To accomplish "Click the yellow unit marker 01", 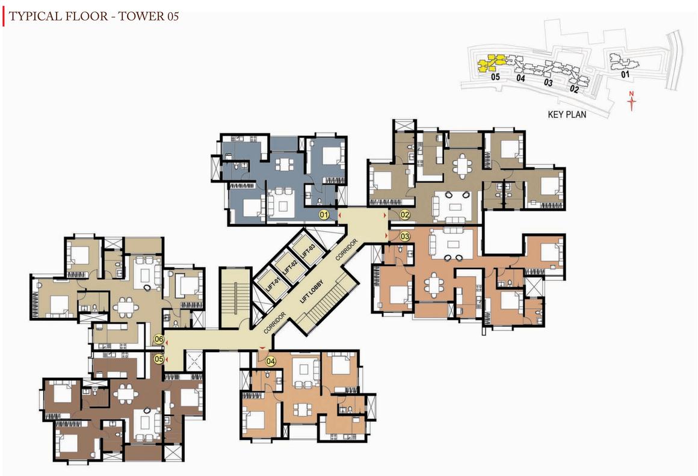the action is [324, 215].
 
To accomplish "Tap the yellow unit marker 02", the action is [404, 215].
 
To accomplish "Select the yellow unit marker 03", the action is [404, 236].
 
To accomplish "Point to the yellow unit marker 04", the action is [271, 361].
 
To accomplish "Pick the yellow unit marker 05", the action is [159, 359].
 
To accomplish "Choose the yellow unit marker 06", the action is [159, 339].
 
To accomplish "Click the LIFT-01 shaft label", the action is [273, 285].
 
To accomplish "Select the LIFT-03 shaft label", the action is [308, 252].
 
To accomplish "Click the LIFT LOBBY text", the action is [311, 291].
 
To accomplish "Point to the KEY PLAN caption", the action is [567, 114].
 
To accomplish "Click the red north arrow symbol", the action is [631, 101].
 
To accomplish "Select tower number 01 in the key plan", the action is [625, 74].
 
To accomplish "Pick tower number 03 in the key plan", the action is [548, 82].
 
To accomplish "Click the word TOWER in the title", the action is [141, 16].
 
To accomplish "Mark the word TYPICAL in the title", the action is [35, 16].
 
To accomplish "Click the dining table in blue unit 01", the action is [283, 164].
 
